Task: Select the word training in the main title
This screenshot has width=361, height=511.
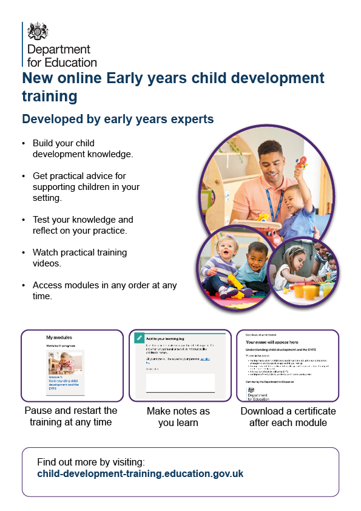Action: pos(50,96)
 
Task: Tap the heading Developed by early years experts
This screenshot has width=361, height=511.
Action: pos(118,119)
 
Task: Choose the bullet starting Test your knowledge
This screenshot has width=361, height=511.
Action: pos(83,224)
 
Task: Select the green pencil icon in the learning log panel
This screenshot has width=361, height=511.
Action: pos(139,338)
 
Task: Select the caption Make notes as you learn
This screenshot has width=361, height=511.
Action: pos(178,417)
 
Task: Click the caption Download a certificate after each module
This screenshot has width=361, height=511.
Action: pos(288,417)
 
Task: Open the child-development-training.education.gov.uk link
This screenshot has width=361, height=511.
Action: pos(140,473)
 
